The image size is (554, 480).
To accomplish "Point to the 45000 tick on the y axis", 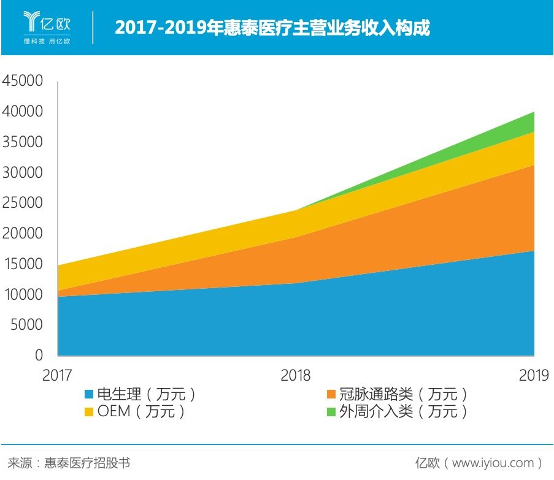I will (x=23, y=81).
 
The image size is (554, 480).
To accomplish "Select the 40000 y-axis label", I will (x=23, y=112).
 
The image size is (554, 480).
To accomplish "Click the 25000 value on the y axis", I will (x=23, y=203).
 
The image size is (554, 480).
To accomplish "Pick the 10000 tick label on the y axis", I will (x=23, y=294).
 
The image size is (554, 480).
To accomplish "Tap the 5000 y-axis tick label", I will (x=26, y=325).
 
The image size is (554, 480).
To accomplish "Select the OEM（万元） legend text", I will (x=141, y=411).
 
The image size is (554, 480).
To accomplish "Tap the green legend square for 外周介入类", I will (x=331, y=411).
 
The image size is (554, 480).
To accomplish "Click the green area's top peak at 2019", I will (x=534, y=112).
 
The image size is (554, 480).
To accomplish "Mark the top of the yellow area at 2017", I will (x=58, y=265).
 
